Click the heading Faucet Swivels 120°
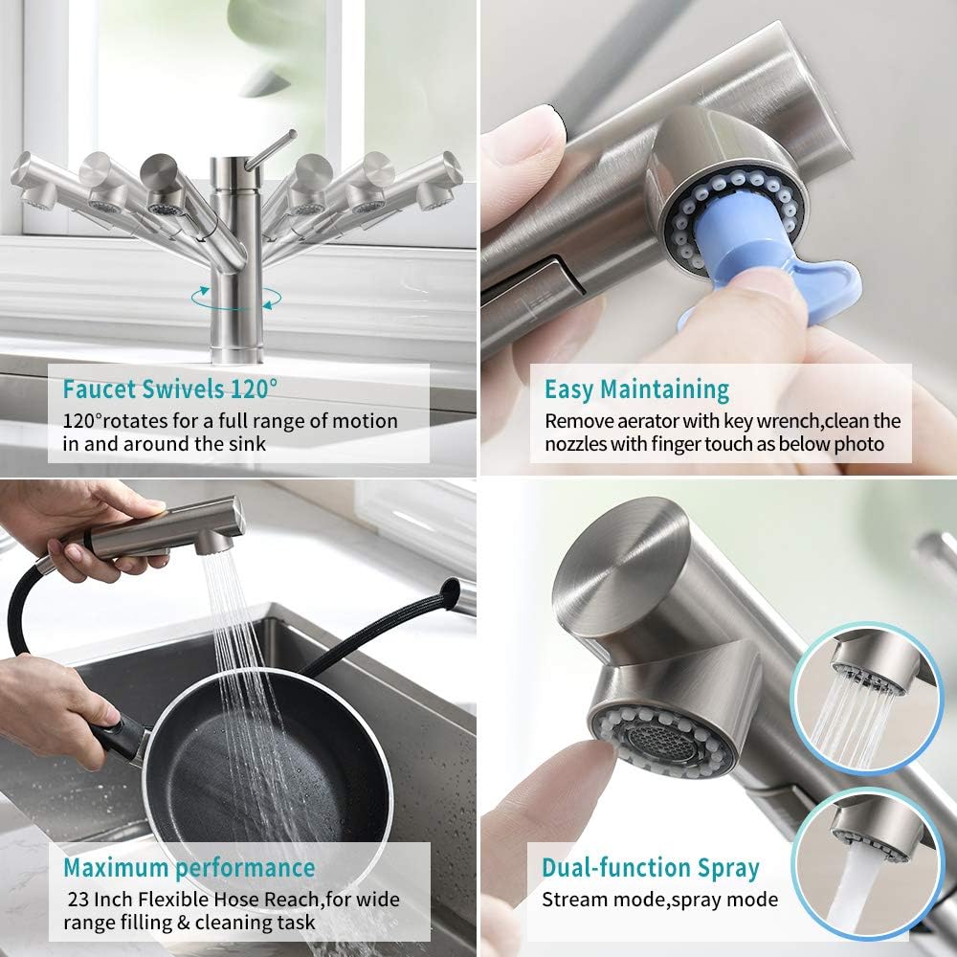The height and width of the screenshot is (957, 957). [170, 389]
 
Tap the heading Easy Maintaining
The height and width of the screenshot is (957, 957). [636, 389]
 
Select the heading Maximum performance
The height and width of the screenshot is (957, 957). [189, 868]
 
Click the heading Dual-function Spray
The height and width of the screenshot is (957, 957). [650, 868]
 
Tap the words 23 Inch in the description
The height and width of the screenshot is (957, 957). [104, 900]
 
